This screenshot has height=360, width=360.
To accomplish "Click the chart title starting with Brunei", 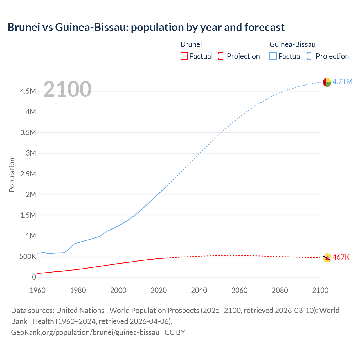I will (146, 27).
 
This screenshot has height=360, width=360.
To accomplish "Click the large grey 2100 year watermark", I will (67, 89).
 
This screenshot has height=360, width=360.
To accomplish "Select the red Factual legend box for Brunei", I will (184, 56).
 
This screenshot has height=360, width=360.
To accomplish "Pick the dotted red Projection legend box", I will (222, 56).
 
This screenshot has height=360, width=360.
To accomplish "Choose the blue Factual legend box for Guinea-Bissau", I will (273, 56).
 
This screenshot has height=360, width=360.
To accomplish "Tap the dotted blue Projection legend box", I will (310, 56).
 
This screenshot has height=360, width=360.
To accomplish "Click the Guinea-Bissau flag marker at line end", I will (327, 82).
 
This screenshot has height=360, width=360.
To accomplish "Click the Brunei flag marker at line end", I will (327, 258).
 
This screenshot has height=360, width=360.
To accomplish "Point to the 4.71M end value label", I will (342, 82).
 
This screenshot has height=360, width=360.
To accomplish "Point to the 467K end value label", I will (341, 257).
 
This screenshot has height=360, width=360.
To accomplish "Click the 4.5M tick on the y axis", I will (28, 91).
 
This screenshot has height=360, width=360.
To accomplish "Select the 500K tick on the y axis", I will (28, 256).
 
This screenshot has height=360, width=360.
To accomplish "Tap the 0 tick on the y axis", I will (34, 277).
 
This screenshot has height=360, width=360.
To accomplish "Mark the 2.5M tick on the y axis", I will (28, 174).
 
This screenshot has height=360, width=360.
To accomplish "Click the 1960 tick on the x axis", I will (37, 290).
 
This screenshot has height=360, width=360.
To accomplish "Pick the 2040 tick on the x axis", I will (199, 290).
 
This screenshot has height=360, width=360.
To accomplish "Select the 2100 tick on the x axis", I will (320, 290).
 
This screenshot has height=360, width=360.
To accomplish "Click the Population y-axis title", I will (12, 175).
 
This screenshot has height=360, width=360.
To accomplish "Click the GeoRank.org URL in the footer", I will (85, 332).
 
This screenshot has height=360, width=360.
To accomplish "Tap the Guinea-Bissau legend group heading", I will (292, 44).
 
